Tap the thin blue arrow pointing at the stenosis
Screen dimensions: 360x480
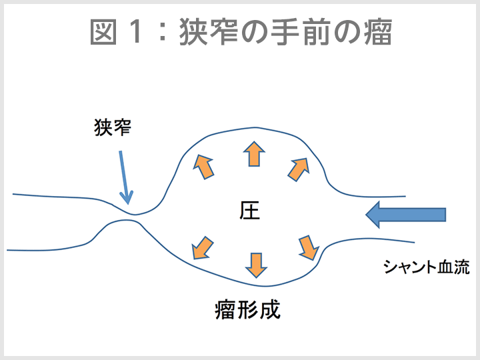click(x=124, y=177)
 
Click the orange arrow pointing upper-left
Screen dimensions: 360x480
click(x=203, y=165)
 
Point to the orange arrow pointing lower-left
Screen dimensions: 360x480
click(x=203, y=248)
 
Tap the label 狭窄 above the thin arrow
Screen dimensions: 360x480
click(x=113, y=127)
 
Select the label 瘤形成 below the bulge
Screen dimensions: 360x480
click(x=248, y=309)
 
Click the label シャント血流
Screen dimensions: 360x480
click(x=426, y=267)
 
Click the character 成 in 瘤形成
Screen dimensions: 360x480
click(x=269, y=309)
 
